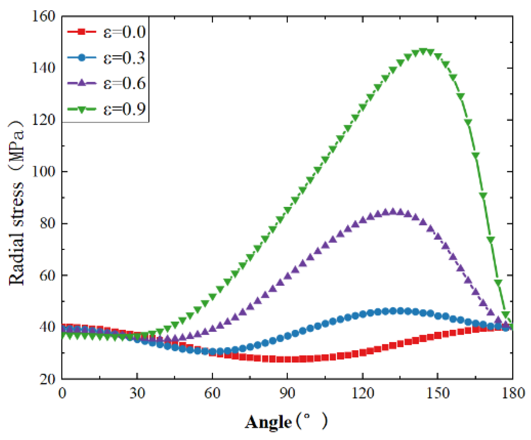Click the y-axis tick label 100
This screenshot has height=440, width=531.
pyautogui.click(x=43, y=172)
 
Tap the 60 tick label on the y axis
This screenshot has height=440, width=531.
pyautogui.click(x=47, y=275)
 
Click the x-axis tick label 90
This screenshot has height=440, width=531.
pyautogui.click(x=287, y=394)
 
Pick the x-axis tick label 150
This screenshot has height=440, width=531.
pyautogui.click(x=438, y=394)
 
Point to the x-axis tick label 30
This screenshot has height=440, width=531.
pyautogui.click(x=137, y=394)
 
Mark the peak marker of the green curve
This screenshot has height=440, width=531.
pyautogui.click(x=423, y=51)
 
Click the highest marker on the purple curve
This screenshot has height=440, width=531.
pyautogui.click(x=393, y=211)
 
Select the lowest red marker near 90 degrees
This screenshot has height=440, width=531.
pyautogui.click(x=287, y=359)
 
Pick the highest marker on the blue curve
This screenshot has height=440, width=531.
pyautogui.click(x=393, y=311)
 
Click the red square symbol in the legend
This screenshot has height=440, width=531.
pyautogui.click(x=81, y=32)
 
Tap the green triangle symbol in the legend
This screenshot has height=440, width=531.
pyautogui.click(x=81, y=109)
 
